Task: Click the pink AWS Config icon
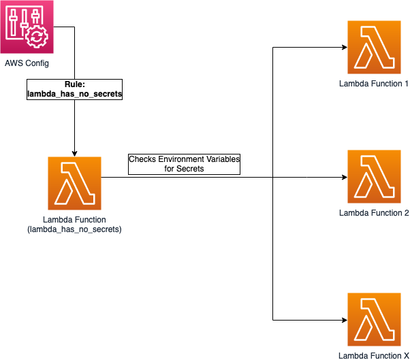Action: [x=27, y=27]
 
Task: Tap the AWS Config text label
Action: [x=27, y=63]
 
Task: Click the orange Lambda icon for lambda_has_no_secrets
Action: [x=74, y=183]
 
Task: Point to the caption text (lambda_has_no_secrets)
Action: [x=74, y=229]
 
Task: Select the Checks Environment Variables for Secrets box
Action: [x=185, y=163]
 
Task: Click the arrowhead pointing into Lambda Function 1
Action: [x=343, y=48]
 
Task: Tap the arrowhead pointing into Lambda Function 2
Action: [x=343, y=178]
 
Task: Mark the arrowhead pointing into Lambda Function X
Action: [x=343, y=320]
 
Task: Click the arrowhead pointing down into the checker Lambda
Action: [x=74, y=153]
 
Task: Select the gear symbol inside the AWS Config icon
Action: [x=36, y=35]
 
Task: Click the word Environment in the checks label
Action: [x=182, y=159]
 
